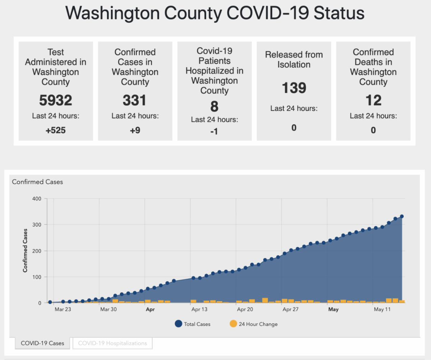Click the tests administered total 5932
56,100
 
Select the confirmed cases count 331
135,100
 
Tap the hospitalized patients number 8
214,106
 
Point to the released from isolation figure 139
294,88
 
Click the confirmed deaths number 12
373,100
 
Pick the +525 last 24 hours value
56,130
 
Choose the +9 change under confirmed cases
135,130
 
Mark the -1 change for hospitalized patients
214,131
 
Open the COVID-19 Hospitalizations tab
112,343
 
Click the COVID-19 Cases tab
42,343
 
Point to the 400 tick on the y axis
37,198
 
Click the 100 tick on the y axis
37,277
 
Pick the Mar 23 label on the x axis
63,309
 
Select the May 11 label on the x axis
383,309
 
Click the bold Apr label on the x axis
150,309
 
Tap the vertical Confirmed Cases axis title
26,250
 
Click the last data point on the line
402,216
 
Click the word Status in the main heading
339,13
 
